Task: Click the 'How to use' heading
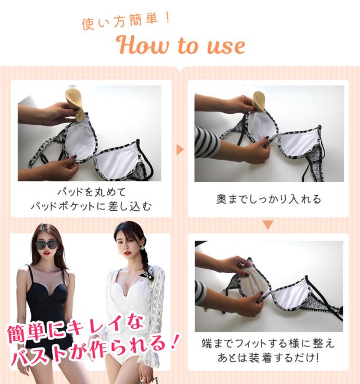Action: [181, 46]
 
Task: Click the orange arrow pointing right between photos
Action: [180, 150]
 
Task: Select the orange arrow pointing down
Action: [268, 224]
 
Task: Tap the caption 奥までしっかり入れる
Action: [268, 200]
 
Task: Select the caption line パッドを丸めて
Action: [91, 192]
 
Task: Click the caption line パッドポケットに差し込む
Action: [91, 206]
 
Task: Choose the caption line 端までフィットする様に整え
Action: [268, 344]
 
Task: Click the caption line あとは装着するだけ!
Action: [268, 358]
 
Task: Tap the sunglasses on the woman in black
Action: [47, 245]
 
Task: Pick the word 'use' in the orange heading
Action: [226, 46]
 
